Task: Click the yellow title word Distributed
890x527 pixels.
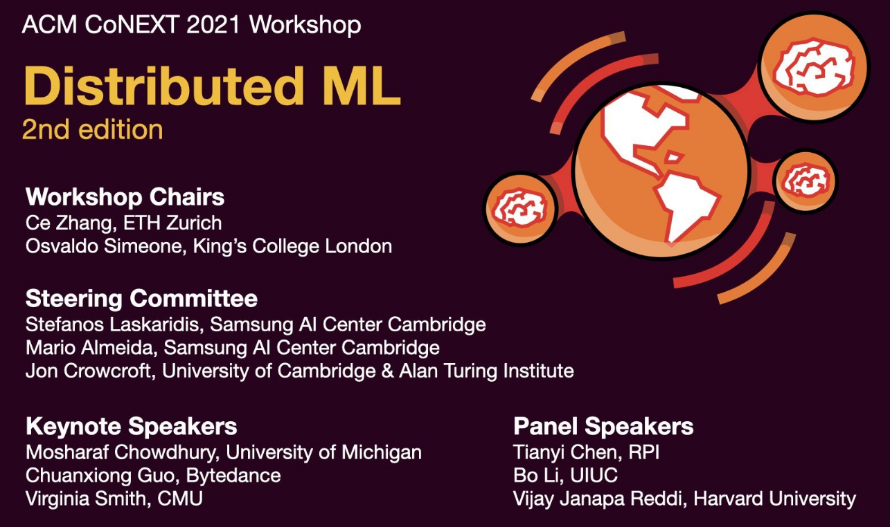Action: coord(163,86)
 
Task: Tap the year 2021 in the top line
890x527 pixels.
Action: coord(213,25)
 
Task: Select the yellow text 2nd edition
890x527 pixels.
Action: coord(93,129)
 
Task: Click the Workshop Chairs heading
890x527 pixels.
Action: coord(125,197)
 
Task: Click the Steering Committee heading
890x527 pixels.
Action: coord(141,298)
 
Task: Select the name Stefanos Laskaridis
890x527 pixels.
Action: coord(112,324)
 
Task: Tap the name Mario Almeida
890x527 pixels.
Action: coord(89,348)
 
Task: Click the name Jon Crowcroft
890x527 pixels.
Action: coord(88,371)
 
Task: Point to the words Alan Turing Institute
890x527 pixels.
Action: coord(486,371)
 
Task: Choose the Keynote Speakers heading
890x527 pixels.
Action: coord(131,427)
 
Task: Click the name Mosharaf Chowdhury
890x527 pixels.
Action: coord(123,453)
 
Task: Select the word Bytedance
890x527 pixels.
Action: coord(233,476)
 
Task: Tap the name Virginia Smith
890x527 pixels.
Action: coord(88,499)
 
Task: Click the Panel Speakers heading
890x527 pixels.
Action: coord(603,427)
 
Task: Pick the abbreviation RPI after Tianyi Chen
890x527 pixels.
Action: coord(644,452)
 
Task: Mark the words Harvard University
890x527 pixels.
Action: coord(774,499)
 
